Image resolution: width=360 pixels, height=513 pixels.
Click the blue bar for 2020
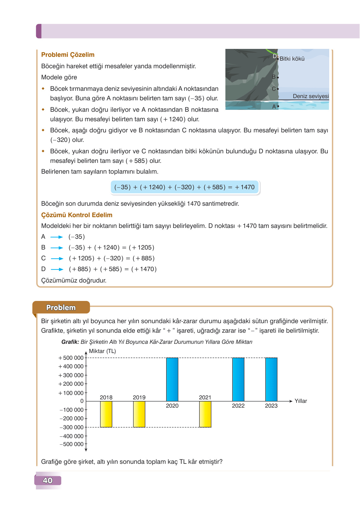tap(172, 379)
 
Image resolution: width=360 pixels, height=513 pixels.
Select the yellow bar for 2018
tap(106, 414)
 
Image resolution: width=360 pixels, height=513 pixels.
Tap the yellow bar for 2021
tap(205, 414)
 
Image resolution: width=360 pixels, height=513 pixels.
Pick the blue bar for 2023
tap(271, 379)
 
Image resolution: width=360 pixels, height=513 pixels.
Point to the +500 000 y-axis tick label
tap(71, 358)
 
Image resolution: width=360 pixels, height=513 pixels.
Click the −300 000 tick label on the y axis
tap(71, 427)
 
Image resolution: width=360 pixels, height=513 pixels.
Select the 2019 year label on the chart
tap(139, 397)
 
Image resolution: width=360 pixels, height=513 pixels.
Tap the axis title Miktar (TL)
tap(102, 351)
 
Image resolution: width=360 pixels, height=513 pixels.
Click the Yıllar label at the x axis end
tap(301, 401)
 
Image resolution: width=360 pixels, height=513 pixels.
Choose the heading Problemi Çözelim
tap(68, 55)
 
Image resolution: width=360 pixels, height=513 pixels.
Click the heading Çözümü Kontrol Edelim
tap(77, 215)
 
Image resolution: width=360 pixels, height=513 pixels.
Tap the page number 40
tap(48, 480)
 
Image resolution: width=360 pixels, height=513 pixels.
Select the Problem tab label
tap(61, 307)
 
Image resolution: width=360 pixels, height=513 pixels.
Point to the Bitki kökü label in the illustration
tap(292, 59)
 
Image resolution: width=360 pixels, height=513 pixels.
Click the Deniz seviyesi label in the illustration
tap(310, 96)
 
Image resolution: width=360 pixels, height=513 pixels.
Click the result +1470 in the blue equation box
tap(245, 187)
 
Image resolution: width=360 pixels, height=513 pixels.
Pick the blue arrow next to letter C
tap(57, 258)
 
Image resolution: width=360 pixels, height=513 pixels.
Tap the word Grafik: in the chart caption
tap(70, 342)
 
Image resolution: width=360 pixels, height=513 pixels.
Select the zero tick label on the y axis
tap(82, 401)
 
